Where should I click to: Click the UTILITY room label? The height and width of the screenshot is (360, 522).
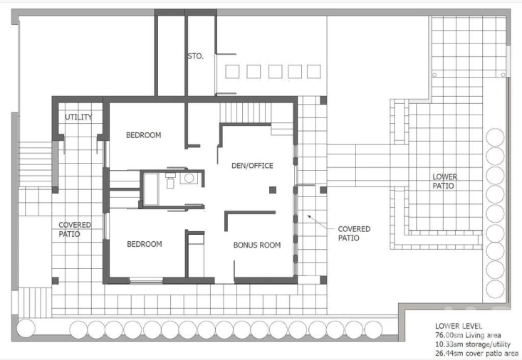[78, 117]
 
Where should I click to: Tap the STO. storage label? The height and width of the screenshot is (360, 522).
[195, 56]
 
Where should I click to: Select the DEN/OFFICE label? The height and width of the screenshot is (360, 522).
[252, 165]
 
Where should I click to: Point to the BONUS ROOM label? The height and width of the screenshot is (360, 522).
[257, 245]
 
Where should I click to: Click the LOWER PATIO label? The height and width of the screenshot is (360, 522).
[445, 181]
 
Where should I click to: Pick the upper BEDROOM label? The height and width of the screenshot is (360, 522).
[143, 135]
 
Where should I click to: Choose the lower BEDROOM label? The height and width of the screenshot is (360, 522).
[145, 244]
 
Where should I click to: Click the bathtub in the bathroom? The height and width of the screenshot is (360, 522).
[151, 189]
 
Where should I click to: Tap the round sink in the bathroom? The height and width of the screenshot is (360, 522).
[189, 179]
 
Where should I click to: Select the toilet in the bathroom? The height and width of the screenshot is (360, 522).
[170, 180]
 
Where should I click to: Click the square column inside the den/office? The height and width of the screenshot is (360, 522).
[273, 190]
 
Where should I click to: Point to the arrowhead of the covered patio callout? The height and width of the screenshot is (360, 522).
[309, 216]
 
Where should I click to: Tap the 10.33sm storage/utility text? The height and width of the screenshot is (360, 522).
[473, 344]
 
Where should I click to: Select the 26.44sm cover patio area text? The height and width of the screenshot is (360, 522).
[476, 353]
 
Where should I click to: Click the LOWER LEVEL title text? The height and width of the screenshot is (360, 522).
[459, 326]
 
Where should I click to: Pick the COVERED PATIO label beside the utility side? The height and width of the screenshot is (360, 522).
[75, 229]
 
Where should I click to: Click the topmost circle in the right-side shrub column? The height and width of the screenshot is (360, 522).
[495, 137]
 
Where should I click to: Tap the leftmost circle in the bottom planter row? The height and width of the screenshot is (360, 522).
[26, 328]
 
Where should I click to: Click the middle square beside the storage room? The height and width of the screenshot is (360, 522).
[276, 72]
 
